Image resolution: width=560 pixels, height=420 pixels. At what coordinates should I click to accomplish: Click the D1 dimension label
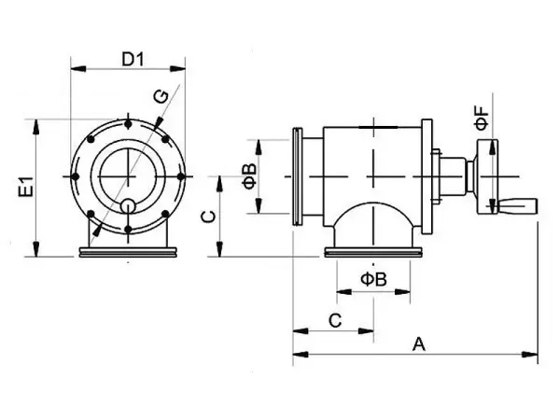tap(133, 60)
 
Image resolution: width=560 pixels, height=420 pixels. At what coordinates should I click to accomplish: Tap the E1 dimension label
tap(27, 187)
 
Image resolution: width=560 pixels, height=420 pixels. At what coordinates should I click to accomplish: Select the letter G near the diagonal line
tap(161, 97)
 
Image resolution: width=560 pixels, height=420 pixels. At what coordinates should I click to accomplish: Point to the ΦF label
tap(482, 118)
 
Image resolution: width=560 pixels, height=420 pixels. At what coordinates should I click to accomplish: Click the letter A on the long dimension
tap(419, 344)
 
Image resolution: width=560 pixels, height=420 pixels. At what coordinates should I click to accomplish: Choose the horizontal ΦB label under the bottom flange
tap(373, 279)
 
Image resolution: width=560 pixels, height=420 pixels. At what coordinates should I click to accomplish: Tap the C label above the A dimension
tap(335, 321)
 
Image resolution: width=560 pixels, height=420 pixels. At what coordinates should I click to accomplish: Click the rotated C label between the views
tap(209, 217)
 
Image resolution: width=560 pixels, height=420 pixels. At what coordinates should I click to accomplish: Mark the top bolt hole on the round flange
tap(128, 124)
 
